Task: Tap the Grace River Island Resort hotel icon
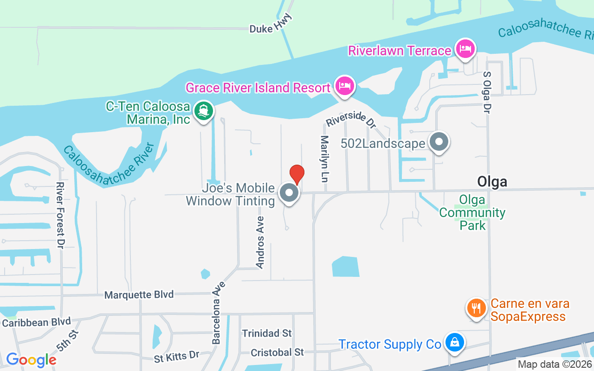tap(344, 86)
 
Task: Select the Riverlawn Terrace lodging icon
tap(465, 49)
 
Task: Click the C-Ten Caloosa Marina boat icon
tap(203, 111)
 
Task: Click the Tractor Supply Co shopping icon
tap(455, 343)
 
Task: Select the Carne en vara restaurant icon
tap(476, 307)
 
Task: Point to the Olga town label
tap(492, 181)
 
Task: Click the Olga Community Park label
tap(472, 212)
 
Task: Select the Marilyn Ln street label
tap(324, 158)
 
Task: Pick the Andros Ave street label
tap(260, 242)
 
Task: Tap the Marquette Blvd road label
tap(139, 294)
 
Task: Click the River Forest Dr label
tap(60, 214)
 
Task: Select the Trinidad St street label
tap(267, 333)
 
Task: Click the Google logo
tap(31, 359)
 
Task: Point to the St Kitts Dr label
tap(177, 356)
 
